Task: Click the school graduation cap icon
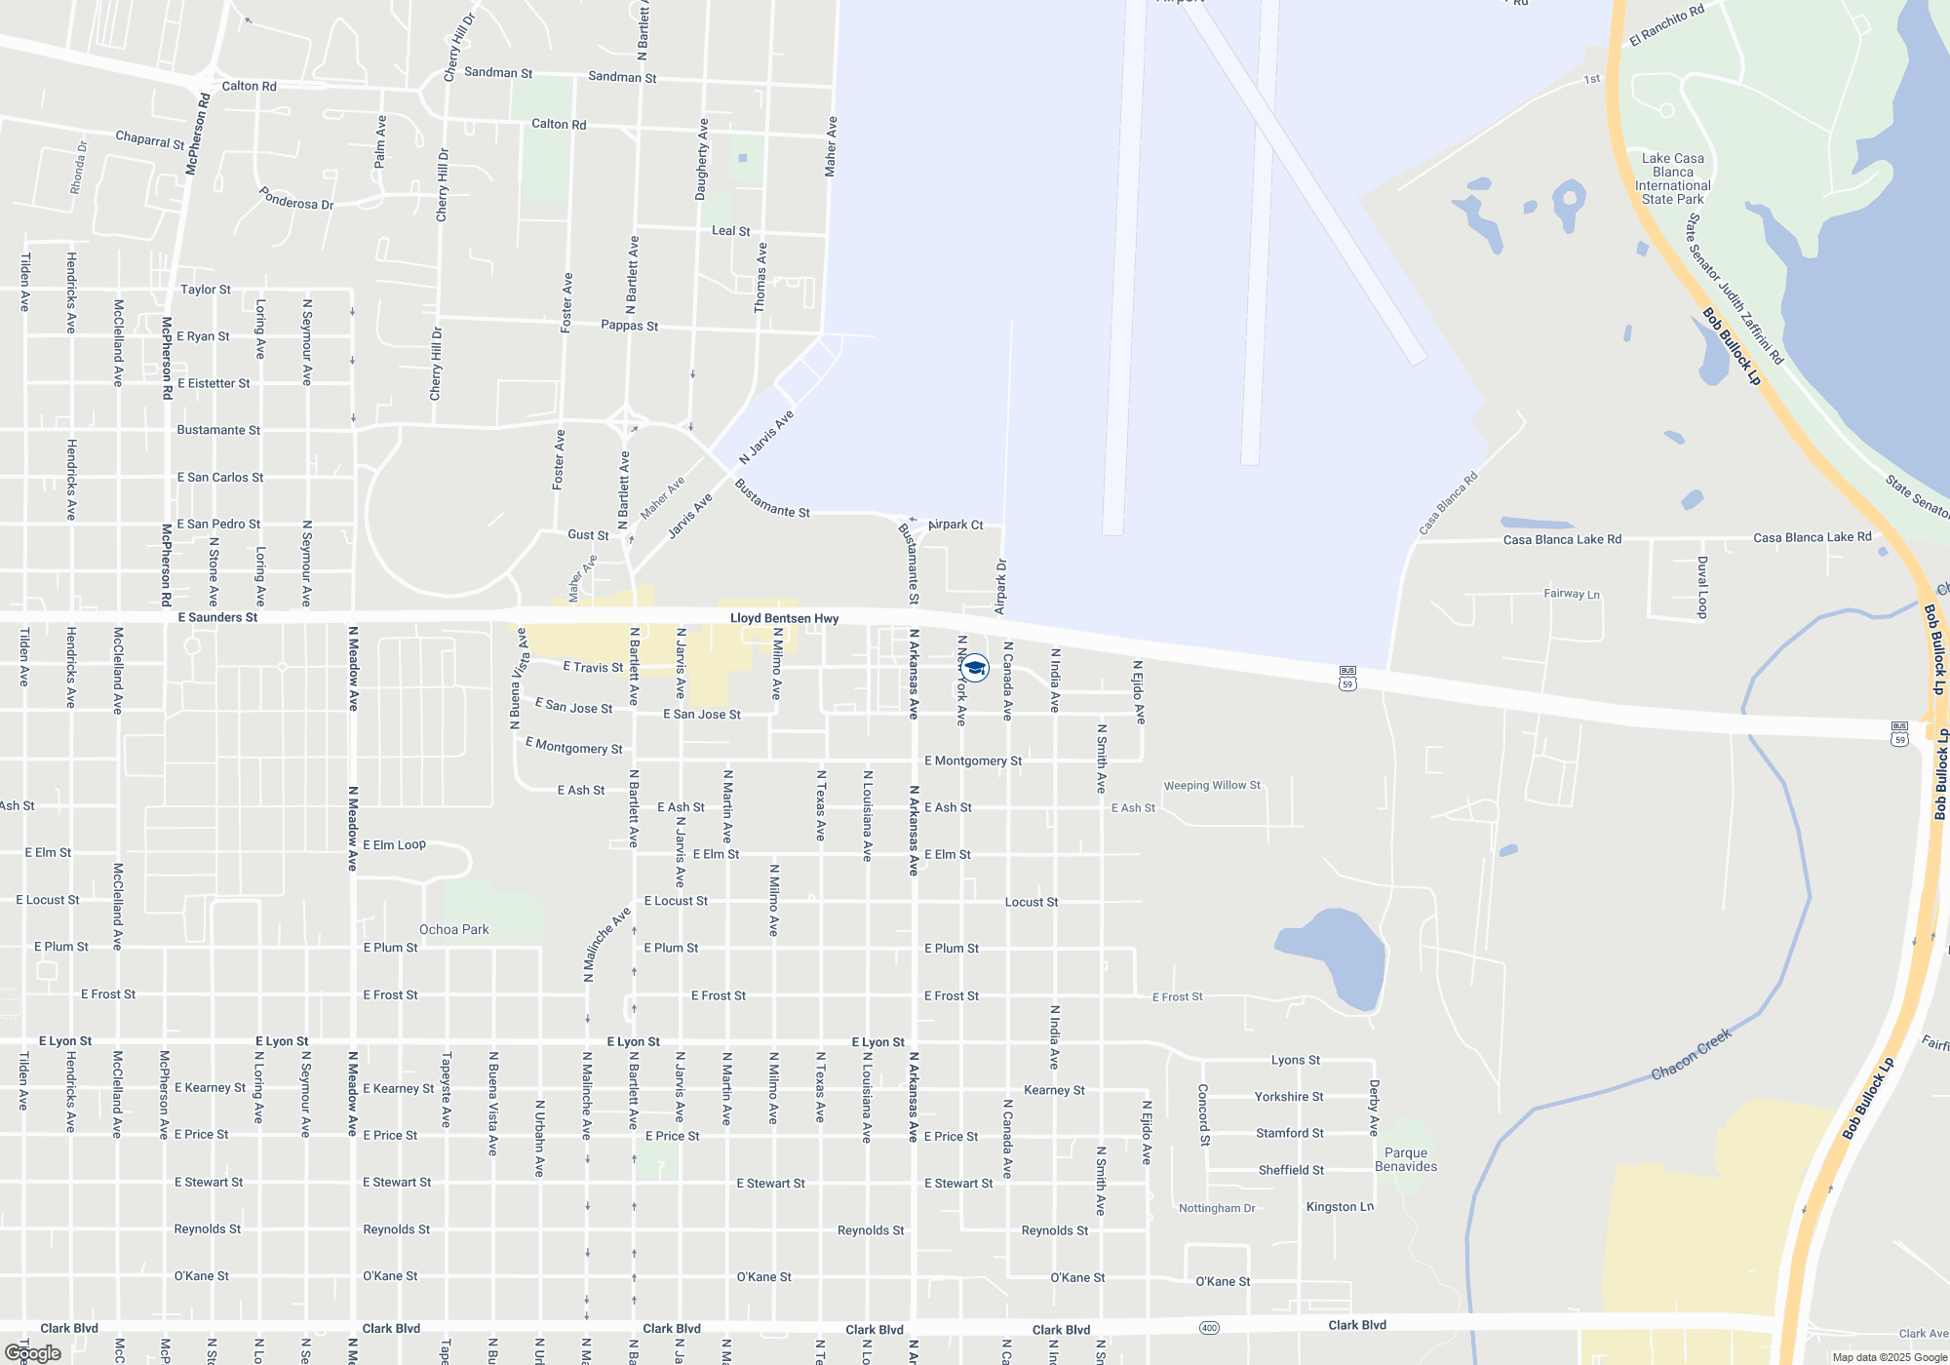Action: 974,668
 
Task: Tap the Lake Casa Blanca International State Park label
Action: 1672,178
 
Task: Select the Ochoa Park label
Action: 453,929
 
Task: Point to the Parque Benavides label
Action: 1405,1159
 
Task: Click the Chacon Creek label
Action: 1691,1054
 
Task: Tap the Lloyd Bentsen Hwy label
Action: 784,618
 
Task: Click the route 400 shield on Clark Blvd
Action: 1209,1327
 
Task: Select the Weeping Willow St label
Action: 1211,785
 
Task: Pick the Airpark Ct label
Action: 955,525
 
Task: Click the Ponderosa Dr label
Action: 296,198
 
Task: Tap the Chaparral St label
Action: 149,139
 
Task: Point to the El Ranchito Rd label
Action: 1666,25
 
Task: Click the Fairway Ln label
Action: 1571,594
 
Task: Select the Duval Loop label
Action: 1702,587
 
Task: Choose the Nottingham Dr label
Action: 1217,1208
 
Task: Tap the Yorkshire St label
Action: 1288,1097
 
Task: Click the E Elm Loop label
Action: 394,844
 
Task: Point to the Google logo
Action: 32,1353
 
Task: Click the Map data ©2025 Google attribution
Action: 1889,1357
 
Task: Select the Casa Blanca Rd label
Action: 1448,503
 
